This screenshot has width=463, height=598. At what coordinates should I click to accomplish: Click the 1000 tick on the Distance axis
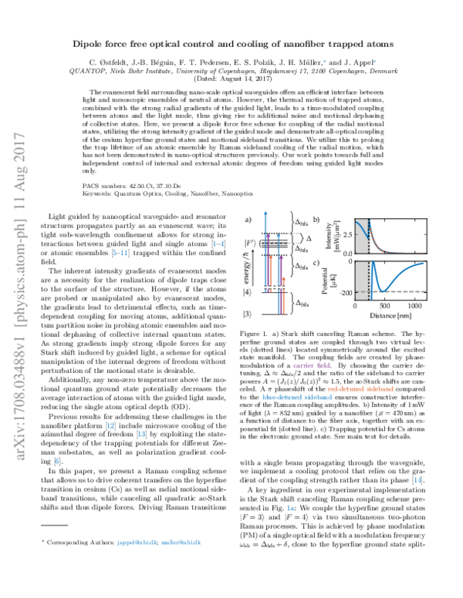point(414,306)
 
